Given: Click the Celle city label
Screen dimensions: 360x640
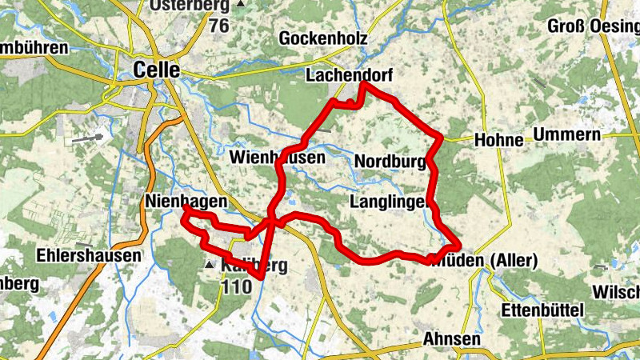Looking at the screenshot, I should pyautogui.click(x=157, y=70).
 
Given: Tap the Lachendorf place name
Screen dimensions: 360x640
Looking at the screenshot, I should pyautogui.click(x=346, y=75).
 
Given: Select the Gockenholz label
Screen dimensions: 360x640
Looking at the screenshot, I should pyautogui.click(x=323, y=38).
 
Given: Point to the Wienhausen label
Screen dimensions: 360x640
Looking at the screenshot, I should pyautogui.click(x=277, y=157).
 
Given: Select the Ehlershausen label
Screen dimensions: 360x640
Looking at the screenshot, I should pyautogui.click(x=89, y=256).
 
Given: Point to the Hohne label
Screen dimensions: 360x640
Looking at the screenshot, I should pyautogui.click(x=498, y=140).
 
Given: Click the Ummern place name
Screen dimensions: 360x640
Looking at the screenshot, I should pyautogui.click(x=566, y=134).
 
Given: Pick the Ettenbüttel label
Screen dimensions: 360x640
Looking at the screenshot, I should pyautogui.click(x=544, y=310).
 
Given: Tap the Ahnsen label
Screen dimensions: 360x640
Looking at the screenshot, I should pyautogui.click(x=453, y=339).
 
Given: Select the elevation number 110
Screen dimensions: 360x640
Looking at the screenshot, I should pyautogui.click(x=237, y=286).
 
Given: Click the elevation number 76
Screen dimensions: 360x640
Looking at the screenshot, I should pyautogui.click(x=219, y=25).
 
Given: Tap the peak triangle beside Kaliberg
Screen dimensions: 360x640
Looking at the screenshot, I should pyautogui.click(x=210, y=264).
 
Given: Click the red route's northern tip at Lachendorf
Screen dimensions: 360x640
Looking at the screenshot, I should pyautogui.click(x=364, y=83).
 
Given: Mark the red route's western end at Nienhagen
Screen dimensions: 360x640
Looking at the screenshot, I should pyautogui.click(x=185, y=208).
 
